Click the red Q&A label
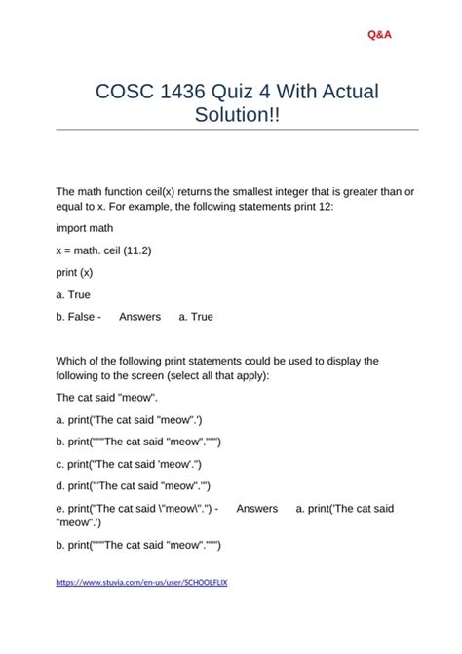click(x=379, y=35)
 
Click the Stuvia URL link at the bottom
click(x=141, y=582)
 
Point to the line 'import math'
click(x=84, y=227)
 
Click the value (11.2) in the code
click(x=134, y=250)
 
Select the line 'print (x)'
click(x=74, y=272)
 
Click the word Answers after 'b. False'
click(x=139, y=317)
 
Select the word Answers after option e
click(x=256, y=508)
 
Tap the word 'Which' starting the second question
click(x=71, y=361)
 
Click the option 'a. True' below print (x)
click(x=73, y=294)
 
